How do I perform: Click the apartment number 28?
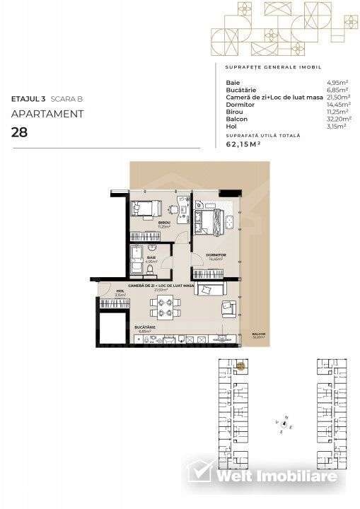pyautogui.click(x=20, y=131)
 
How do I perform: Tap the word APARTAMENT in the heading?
pyautogui.click(x=47, y=113)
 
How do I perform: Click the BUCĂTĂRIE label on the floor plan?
pyautogui.click(x=145, y=327)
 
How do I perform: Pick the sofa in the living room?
pyautogui.click(x=210, y=289)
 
